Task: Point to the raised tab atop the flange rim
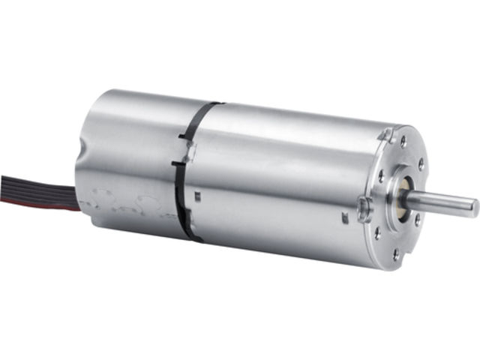tap(386, 134)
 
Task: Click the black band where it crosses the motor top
tap(210, 106)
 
